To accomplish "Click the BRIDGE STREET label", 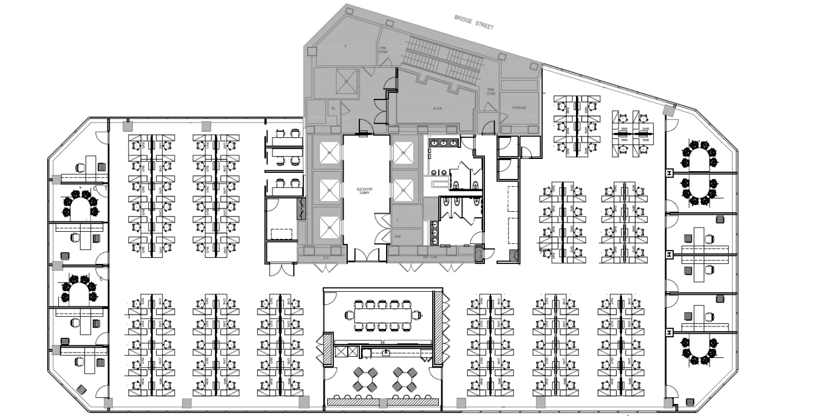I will [474, 22].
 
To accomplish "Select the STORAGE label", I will [518, 108].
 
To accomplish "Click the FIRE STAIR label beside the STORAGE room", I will [492, 91].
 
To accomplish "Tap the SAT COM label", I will [430, 258].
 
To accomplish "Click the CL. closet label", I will [333, 108].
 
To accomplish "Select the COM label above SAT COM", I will [398, 236].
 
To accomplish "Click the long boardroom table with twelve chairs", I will [383, 315].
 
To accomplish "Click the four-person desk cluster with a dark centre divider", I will [633, 130].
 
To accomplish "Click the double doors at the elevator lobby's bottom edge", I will [366, 255].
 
